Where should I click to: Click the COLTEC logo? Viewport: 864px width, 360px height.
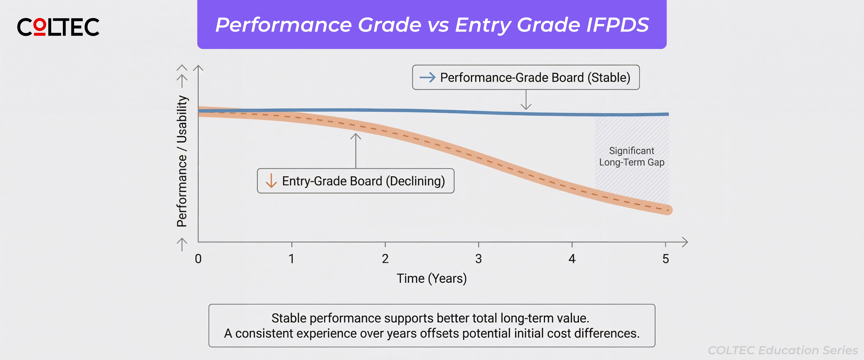pyautogui.click(x=58, y=27)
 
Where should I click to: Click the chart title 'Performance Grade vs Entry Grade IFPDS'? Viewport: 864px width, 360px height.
pyautogui.click(x=432, y=25)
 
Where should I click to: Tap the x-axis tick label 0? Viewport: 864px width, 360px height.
pyautogui.click(x=198, y=259)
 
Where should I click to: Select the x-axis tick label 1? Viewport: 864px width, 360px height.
pyautogui.click(x=291, y=259)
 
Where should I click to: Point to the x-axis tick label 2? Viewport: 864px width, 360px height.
pyautogui.click(x=385, y=259)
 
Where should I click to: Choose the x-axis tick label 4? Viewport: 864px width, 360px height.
pyautogui.click(x=572, y=259)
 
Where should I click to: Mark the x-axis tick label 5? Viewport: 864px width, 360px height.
pyautogui.click(x=665, y=259)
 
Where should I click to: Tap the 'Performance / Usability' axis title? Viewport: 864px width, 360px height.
pyautogui.click(x=182, y=161)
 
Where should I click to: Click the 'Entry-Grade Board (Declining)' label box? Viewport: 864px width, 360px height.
pyautogui.click(x=355, y=181)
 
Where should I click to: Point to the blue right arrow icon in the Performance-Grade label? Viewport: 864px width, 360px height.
pyautogui.click(x=427, y=78)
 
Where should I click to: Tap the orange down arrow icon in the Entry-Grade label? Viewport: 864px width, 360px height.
pyautogui.click(x=271, y=181)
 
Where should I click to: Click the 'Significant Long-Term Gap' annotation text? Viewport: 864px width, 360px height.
pyautogui.click(x=632, y=156)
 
